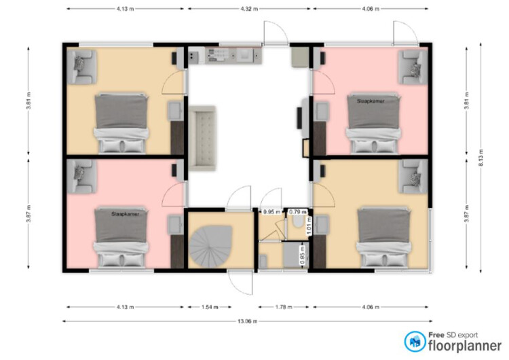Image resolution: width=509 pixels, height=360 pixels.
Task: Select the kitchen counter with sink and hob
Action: click(x=223, y=55)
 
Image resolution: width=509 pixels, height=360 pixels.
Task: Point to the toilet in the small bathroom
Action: click(x=297, y=229)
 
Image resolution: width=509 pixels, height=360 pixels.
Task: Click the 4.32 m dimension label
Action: click(x=248, y=9)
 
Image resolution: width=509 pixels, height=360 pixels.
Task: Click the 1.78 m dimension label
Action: click(x=282, y=306)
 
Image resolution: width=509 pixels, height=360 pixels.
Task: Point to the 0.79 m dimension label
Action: click(x=297, y=212)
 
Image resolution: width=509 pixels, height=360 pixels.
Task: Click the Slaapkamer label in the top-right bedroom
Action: click(x=371, y=100)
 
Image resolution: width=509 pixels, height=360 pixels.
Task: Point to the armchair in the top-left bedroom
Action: click(x=83, y=63)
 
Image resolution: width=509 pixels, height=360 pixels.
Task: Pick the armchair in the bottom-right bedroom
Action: click(x=412, y=176)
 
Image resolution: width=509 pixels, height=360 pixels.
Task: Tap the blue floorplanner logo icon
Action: click(x=415, y=341)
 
